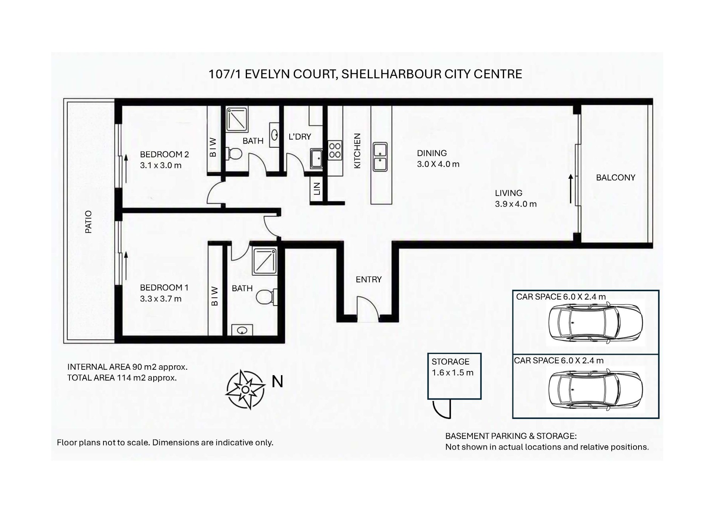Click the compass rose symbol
pyautogui.click(x=245, y=389)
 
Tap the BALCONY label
pyautogui.click(x=615, y=178)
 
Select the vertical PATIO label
pyautogui.click(x=88, y=222)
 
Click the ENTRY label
pyautogui.click(x=369, y=280)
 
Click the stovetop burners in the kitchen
pyautogui.click(x=335, y=150)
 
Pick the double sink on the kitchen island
pyautogui.click(x=380, y=157)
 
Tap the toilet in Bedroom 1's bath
pyautogui.click(x=267, y=297)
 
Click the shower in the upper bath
pyautogui.click(x=237, y=119)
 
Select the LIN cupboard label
pyautogui.click(x=317, y=189)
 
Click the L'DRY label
pyautogui.click(x=300, y=137)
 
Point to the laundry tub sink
pyautogui.click(x=316, y=158)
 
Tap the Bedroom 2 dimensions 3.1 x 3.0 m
pyautogui.click(x=160, y=165)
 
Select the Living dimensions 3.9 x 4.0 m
pyautogui.click(x=516, y=204)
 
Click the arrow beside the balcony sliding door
pyautogui.click(x=571, y=189)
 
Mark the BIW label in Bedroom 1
pyautogui.click(x=214, y=296)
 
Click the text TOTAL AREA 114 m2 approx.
pyautogui.click(x=122, y=378)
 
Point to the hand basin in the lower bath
pyautogui.click(x=242, y=330)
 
